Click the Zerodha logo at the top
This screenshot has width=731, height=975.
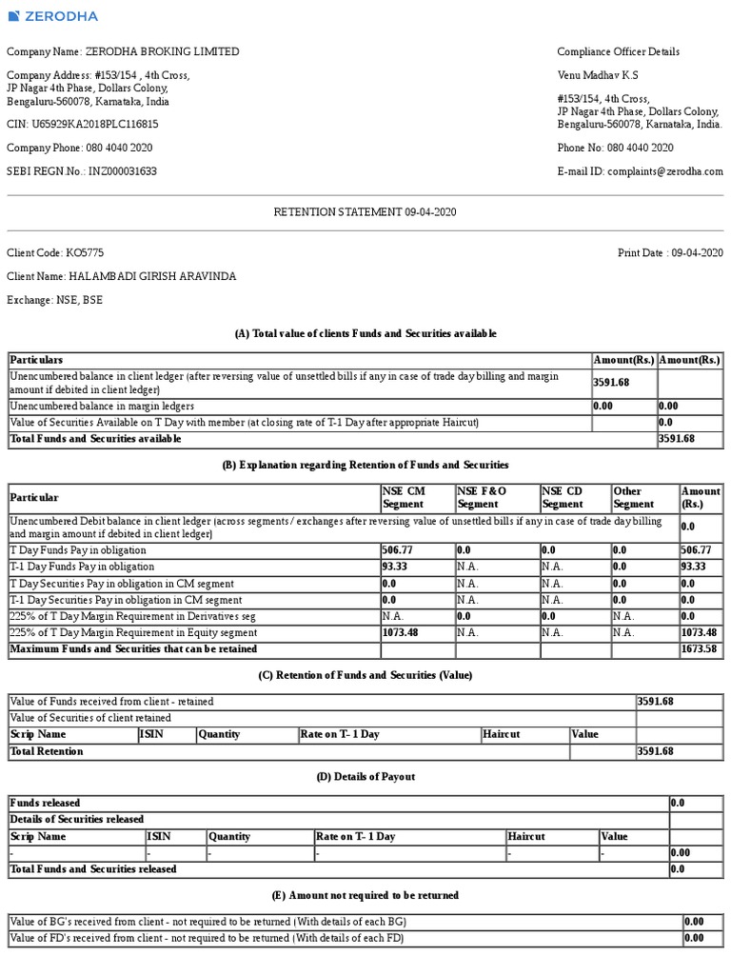point(52,15)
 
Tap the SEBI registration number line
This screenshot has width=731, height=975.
point(82,171)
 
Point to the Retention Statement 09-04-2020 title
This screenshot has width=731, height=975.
point(365,211)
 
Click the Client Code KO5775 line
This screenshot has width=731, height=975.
point(56,252)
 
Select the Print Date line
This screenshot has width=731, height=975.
point(670,252)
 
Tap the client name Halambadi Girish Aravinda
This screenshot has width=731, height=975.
point(122,276)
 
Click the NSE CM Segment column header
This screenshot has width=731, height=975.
point(404,497)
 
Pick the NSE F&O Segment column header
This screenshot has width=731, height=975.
point(482,497)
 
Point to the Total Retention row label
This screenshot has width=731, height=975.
point(47,751)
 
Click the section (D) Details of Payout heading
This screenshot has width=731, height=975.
point(365,777)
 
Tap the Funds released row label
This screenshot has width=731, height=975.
point(46,803)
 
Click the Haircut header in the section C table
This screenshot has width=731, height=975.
point(502,734)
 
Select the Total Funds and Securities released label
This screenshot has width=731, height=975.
point(93,868)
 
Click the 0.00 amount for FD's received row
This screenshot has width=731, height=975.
point(694,938)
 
